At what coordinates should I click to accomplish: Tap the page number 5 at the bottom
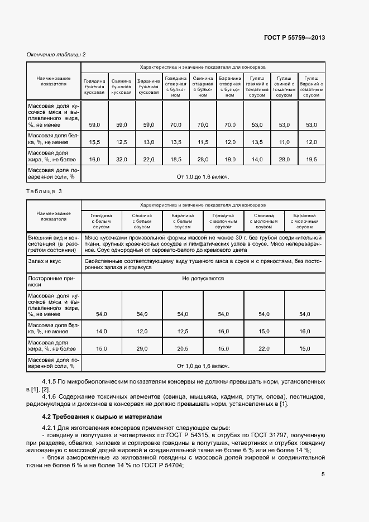click(323, 475)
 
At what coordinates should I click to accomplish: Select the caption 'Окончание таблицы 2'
click(56, 54)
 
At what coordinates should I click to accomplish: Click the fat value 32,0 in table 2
click(122, 160)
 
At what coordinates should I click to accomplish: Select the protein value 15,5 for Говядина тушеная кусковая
click(94, 142)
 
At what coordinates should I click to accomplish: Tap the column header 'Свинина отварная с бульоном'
click(203, 87)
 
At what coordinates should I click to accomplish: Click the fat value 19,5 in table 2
click(312, 160)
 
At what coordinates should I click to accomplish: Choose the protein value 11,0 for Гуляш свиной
click(284, 142)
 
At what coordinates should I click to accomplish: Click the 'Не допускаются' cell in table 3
click(203, 277)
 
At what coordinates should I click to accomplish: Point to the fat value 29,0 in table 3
click(142, 349)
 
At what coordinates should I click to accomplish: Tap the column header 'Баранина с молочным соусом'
click(304, 221)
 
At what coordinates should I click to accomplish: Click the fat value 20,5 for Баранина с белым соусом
click(183, 349)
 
